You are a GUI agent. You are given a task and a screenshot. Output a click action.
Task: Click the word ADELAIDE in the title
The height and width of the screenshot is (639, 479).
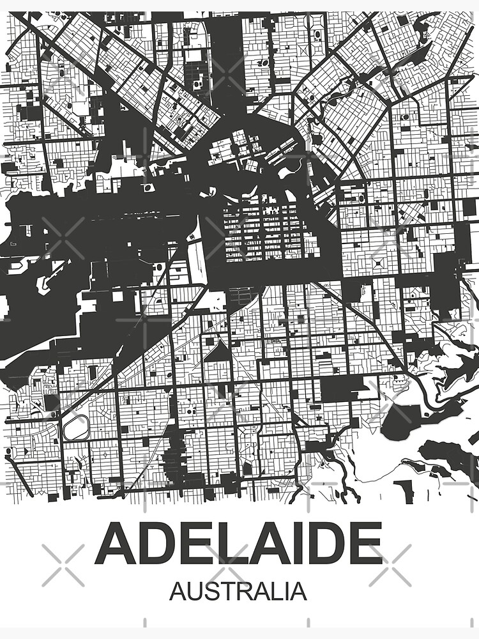(x=238, y=544)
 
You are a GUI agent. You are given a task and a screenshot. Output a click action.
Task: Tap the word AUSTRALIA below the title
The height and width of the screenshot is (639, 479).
(x=238, y=591)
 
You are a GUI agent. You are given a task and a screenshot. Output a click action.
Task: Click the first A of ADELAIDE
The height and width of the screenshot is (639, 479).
(x=115, y=544)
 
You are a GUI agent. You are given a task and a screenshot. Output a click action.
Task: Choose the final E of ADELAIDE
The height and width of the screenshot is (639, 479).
(x=365, y=544)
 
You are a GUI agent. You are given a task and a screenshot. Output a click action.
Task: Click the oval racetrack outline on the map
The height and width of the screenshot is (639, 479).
(x=76, y=427)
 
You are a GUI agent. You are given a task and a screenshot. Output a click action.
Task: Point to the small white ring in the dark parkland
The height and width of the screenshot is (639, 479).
(x=149, y=188)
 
